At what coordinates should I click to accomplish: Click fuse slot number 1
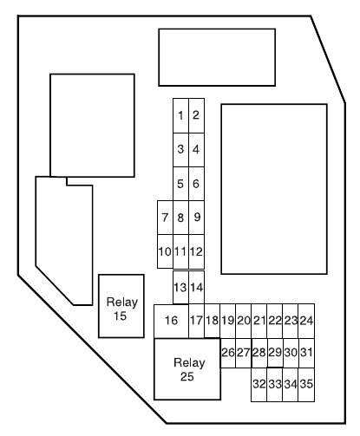point(180,115)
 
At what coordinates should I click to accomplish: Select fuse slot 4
point(196,150)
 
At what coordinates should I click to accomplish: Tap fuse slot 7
point(165,218)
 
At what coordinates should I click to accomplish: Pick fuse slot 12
point(196,251)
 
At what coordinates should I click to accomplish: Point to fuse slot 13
point(180,288)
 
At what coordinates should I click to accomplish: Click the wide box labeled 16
point(171,321)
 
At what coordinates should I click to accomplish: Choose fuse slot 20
point(244,321)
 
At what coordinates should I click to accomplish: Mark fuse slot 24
point(306,321)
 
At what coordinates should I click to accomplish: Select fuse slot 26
point(228,353)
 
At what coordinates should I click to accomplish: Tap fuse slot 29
point(275,353)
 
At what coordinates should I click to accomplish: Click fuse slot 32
point(259,385)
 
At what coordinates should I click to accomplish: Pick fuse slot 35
point(306,385)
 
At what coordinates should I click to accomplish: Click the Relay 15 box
point(121,306)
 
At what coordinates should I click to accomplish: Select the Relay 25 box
point(187,369)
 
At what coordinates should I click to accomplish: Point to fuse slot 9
point(196,218)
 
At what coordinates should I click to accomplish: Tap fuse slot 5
point(180,184)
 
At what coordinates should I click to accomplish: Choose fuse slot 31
point(306,353)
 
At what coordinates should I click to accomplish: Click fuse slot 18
point(213,321)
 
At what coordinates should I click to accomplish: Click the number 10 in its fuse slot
point(165,251)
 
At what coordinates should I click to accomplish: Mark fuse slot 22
point(275,321)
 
